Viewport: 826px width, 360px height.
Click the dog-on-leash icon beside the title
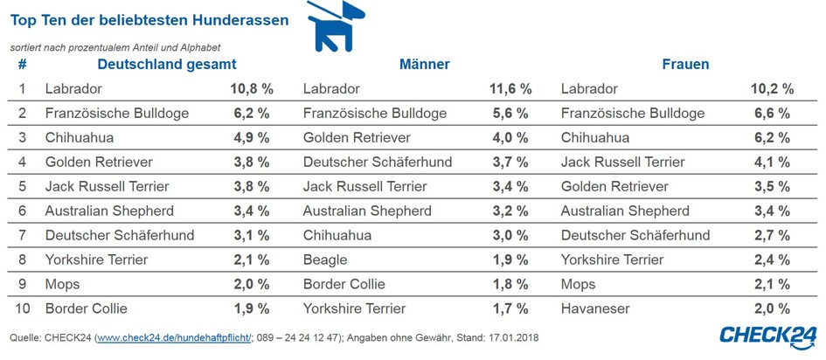(333, 28)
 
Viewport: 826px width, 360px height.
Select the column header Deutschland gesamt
(167, 65)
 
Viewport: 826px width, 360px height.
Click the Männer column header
(424, 65)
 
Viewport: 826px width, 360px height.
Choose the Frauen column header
(685, 65)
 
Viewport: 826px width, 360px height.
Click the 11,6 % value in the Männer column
(510, 89)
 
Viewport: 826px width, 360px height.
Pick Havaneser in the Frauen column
(596, 308)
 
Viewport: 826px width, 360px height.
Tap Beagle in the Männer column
(325, 260)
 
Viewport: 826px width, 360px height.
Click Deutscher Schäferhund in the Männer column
(377, 162)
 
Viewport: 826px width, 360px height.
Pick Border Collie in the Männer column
(345, 284)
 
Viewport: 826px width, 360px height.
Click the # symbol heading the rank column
(23, 65)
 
